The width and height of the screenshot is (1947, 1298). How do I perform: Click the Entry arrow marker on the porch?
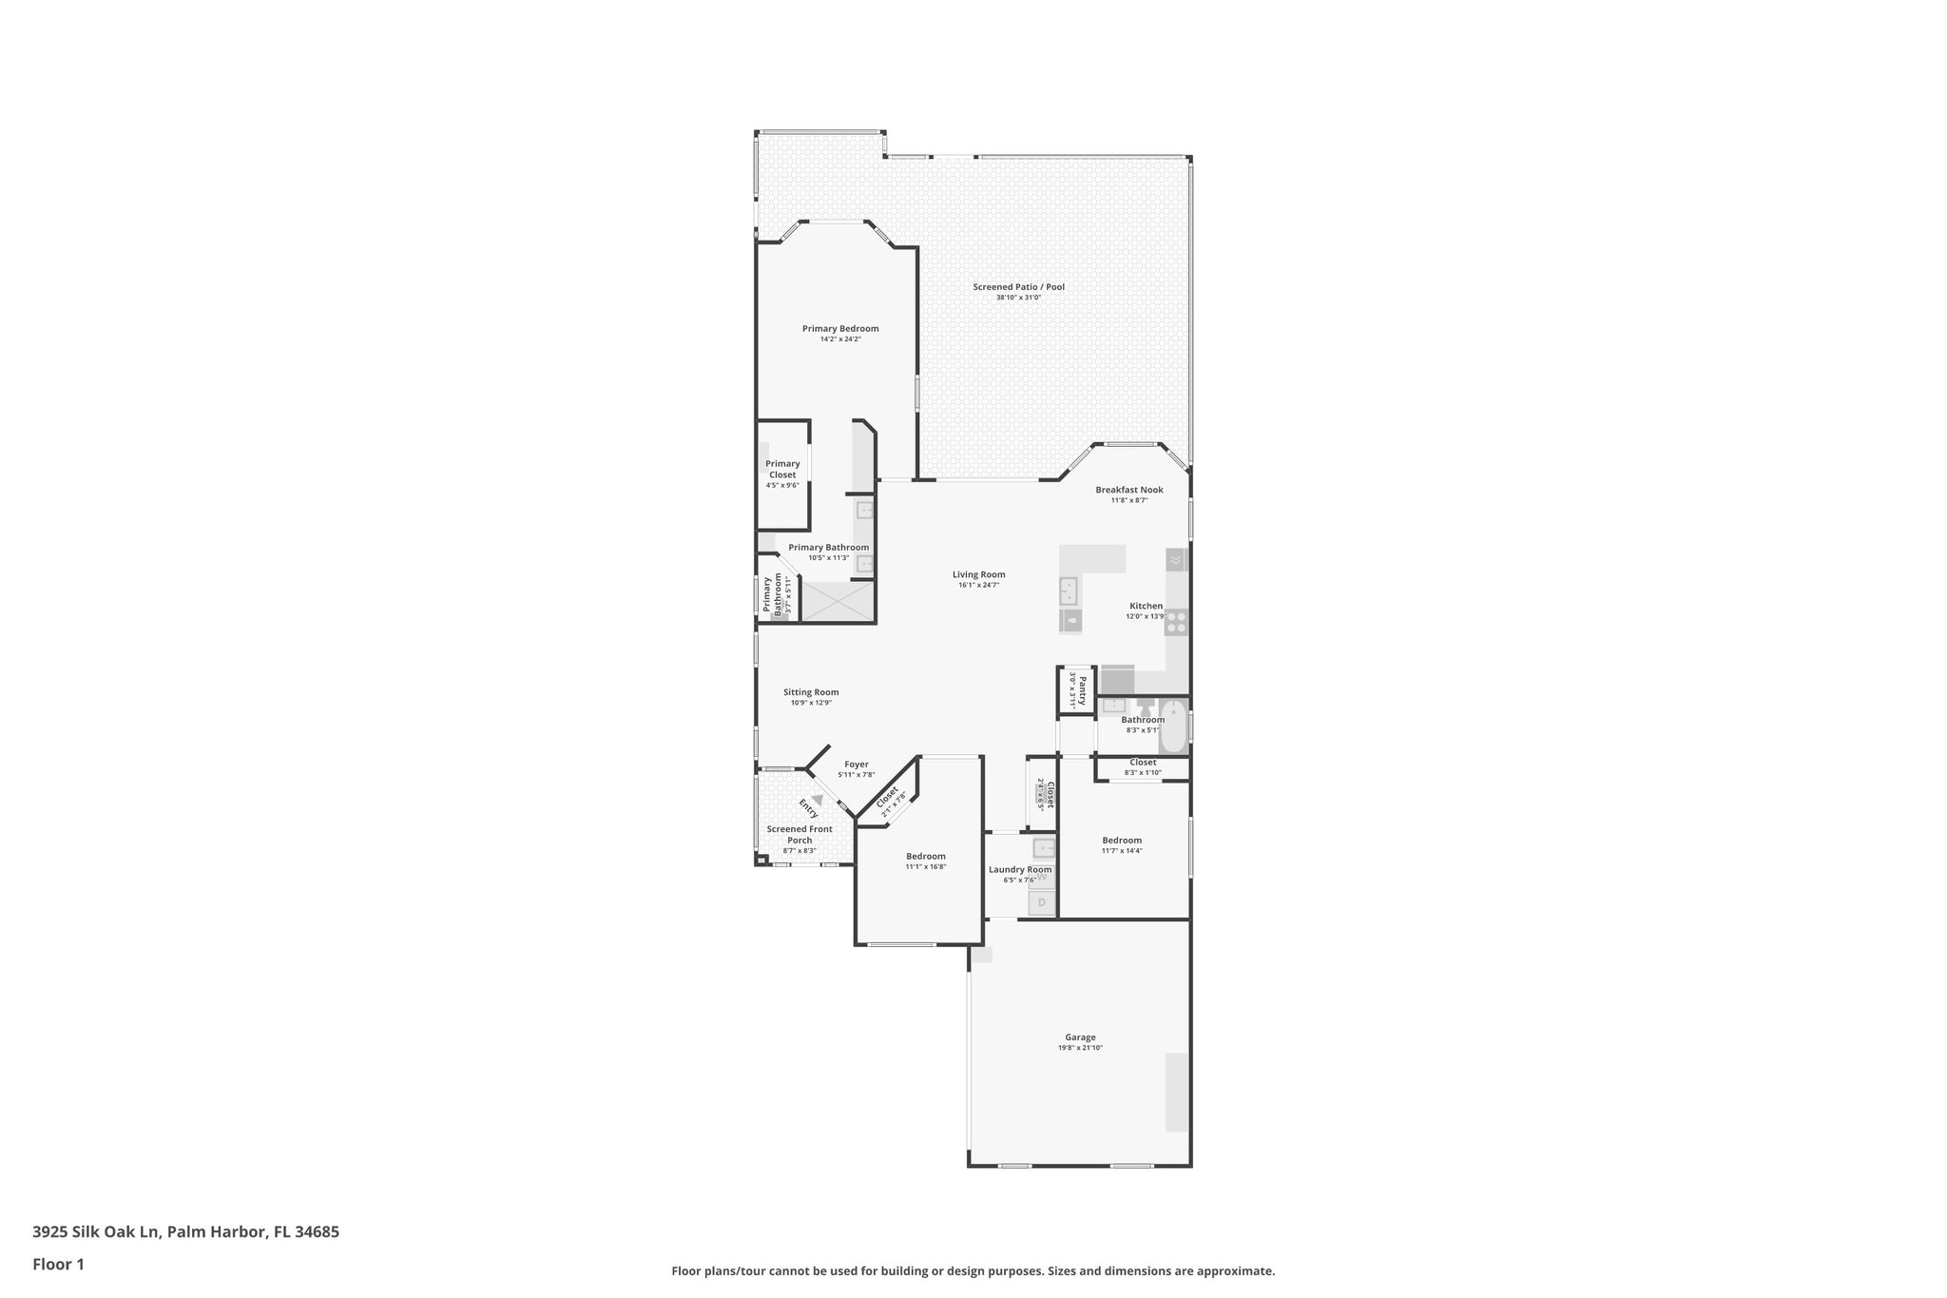click(x=817, y=801)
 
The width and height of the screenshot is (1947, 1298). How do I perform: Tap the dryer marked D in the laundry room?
click(x=1042, y=902)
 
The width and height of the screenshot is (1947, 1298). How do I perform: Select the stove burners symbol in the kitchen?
click(x=1177, y=622)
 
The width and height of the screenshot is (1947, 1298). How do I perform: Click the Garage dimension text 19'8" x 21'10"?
click(x=1080, y=1048)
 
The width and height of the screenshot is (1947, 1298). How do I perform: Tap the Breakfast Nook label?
click(x=1129, y=490)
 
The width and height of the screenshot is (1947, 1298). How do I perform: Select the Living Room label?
click(x=978, y=574)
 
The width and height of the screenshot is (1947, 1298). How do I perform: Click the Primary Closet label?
click(x=782, y=469)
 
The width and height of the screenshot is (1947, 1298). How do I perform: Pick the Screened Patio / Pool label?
click(x=1018, y=287)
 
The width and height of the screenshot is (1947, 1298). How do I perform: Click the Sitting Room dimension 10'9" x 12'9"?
click(x=811, y=703)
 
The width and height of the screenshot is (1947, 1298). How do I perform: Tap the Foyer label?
click(x=856, y=764)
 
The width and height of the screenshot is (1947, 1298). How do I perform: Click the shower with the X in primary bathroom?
click(x=838, y=602)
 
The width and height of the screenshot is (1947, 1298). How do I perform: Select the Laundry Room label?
click(x=1020, y=869)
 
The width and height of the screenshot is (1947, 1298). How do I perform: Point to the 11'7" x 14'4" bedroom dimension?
click(x=1122, y=851)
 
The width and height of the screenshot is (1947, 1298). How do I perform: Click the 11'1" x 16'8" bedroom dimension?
click(x=925, y=866)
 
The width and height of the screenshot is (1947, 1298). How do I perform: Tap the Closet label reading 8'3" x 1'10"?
click(x=1143, y=763)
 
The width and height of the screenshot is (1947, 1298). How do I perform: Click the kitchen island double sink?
click(x=1070, y=591)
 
